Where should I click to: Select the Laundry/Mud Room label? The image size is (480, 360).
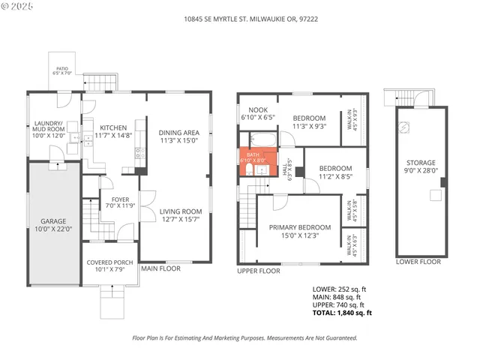[x=49, y=127]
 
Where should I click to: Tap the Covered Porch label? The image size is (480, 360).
[x=110, y=262]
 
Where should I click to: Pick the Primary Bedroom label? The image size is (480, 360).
[x=300, y=227]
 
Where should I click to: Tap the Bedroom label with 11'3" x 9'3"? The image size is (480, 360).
[x=309, y=118]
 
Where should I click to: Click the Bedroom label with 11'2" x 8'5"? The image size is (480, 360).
[x=334, y=168]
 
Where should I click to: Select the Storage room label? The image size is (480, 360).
[x=421, y=163]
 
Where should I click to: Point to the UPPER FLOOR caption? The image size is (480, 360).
[x=259, y=271]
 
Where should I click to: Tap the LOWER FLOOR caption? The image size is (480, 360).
[x=418, y=262]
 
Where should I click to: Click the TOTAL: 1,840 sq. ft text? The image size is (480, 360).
[x=342, y=313]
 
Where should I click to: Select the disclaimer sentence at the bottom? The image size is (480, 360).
[x=244, y=338]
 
